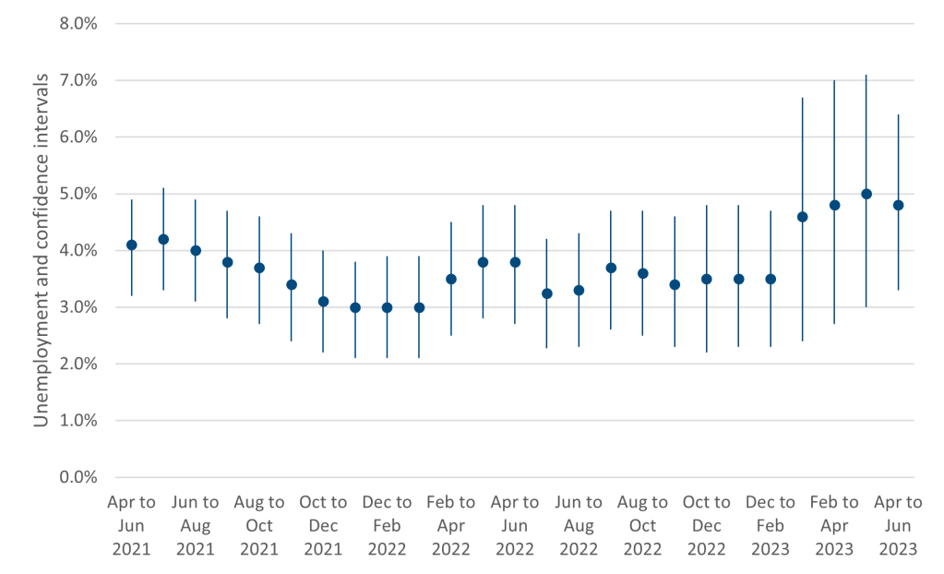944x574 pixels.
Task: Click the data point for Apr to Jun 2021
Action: pos(132,245)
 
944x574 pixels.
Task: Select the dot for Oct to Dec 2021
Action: pos(323,301)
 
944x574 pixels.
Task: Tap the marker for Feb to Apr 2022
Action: pos(451,279)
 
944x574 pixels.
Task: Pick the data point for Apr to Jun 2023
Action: pos(898,205)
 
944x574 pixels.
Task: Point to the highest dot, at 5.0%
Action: pos(866,194)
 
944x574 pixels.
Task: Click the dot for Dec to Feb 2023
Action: pos(771,279)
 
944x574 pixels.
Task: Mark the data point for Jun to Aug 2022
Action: pos(579,290)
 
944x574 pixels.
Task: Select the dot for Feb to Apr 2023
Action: pos(834,205)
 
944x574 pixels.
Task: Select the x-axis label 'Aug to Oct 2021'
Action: pos(259,525)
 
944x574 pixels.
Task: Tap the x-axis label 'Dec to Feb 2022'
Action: pos(387,525)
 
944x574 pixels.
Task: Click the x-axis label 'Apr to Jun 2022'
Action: pos(515,525)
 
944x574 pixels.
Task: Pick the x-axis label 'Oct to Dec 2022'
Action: pos(707,525)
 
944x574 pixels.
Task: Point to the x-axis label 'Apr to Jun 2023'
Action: pos(898,525)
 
